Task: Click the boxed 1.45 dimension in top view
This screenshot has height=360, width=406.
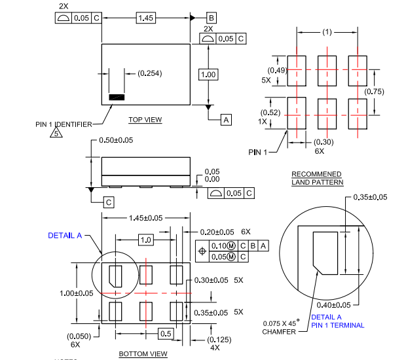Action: (x=145, y=18)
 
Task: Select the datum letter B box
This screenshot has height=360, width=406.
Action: (x=212, y=18)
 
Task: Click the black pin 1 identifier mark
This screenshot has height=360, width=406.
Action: (x=117, y=98)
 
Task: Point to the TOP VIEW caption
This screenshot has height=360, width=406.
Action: (x=145, y=120)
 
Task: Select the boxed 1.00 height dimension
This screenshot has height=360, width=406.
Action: (x=208, y=75)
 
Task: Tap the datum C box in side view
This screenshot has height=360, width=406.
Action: (x=108, y=202)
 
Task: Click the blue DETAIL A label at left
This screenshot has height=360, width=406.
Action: (x=65, y=236)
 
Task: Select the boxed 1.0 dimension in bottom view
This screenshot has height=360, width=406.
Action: (x=145, y=240)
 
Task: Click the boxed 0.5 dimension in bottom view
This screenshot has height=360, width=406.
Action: (x=166, y=334)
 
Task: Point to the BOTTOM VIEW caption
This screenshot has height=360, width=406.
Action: (x=143, y=354)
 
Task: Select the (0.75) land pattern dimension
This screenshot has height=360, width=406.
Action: (x=375, y=92)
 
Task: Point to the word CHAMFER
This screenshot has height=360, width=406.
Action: (x=278, y=331)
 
